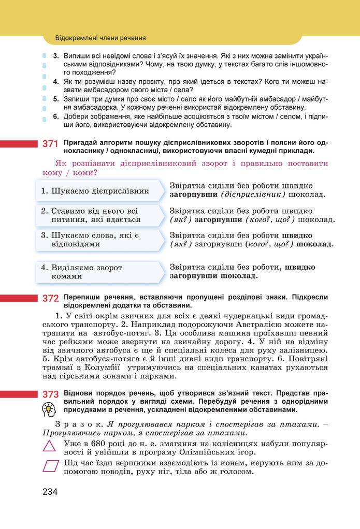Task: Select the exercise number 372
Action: point(50,299)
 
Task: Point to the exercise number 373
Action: point(50,394)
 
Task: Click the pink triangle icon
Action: point(50,446)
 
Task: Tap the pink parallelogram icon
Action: point(50,466)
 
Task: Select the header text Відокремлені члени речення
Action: point(100,38)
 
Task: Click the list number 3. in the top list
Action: point(56,55)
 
